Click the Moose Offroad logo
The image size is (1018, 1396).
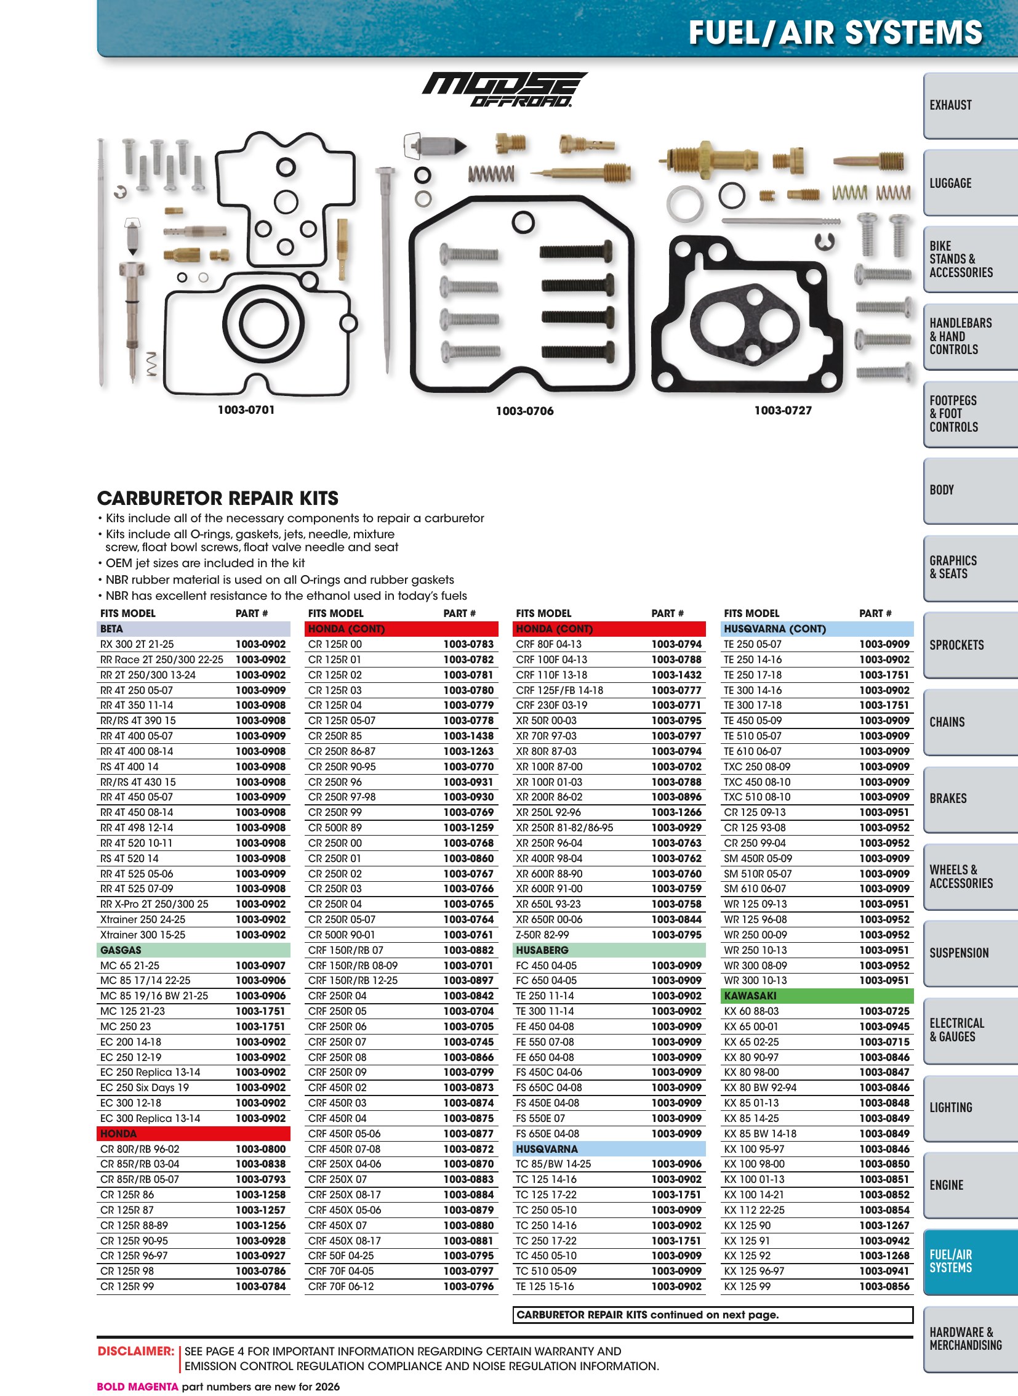pyautogui.click(x=505, y=90)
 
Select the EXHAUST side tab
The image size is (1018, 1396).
pyautogui.click(x=970, y=105)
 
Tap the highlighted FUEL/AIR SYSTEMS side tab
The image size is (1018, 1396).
pyautogui.click(x=970, y=1262)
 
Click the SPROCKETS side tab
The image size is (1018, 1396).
pyautogui.click(x=970, y=645)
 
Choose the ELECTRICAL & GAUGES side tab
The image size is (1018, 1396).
pyautogui.click(x=970, y=1030)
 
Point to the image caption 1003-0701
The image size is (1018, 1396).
pyautogui.click(x=246, y=410)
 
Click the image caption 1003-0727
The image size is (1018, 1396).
pyautogui.click(x=783, y=411)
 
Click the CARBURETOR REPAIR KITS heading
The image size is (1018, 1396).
pyautogui.click(x=218, y=498)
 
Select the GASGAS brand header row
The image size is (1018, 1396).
pyautogui.click(x=193, y=950)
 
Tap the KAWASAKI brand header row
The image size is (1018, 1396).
pyautogui.click(x=819, y=996)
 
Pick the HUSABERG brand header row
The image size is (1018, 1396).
pyautogui.click(x=609, y=950)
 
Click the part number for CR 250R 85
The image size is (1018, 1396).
pyautogui.click(x=468, y=736)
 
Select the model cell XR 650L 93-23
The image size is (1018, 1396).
pyautogui.click(x=549, y=905)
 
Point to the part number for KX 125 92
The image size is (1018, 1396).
pyautogui.click(x=884, y=1256)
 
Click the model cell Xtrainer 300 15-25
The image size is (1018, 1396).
pyautogui.click(x=142, y=935)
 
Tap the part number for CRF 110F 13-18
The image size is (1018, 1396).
pyautogui.click(x=676, y=675)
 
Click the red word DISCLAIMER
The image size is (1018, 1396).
pyautogui.click(x=135, y=1351)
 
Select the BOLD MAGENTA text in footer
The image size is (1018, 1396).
pyautogui.click(x=137, y=1387)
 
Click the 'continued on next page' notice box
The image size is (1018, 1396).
pyautogui.click(x=712, y=1315)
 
